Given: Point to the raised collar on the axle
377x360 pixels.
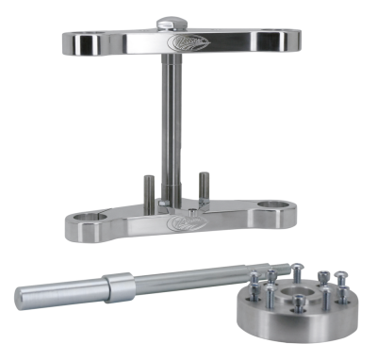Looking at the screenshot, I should (x=119, y=282).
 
